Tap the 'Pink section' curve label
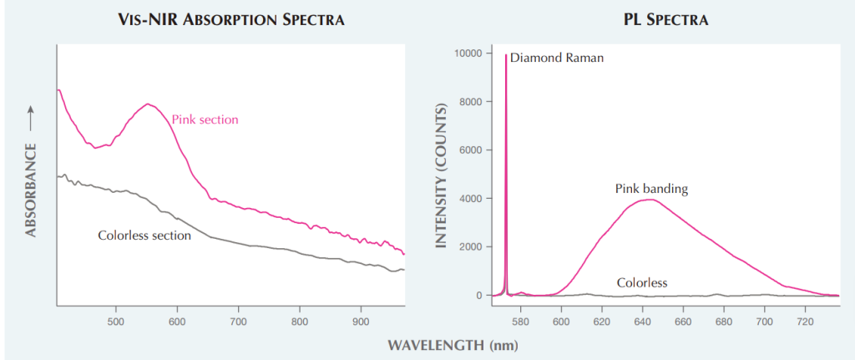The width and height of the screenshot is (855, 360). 205,119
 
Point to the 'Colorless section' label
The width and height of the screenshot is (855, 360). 144,236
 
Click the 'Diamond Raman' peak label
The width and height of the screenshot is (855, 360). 545,58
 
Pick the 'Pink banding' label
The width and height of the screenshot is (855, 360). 651,189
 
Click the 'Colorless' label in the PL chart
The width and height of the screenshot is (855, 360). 642,282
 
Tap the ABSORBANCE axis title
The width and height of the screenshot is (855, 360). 31,190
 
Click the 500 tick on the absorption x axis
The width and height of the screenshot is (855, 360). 115,320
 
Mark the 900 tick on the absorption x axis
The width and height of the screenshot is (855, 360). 360,320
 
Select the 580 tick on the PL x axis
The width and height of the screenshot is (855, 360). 520,320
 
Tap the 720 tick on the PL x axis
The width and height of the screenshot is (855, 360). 805,320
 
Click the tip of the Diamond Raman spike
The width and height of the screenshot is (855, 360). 506,54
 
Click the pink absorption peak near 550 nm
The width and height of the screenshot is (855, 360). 148,104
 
